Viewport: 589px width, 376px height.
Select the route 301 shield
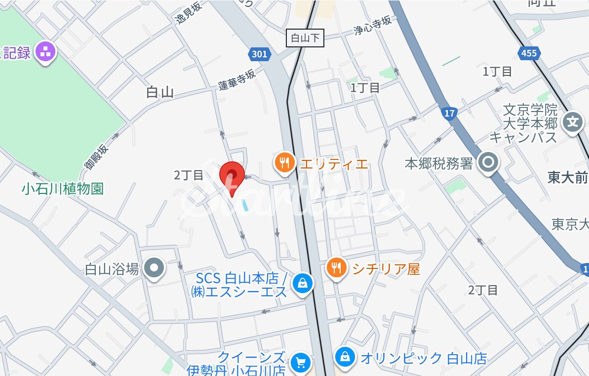point(259,54)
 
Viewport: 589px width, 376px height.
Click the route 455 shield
point(528,53)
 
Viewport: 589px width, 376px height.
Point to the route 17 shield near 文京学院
point(449,113)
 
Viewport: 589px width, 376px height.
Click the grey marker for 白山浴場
point(154,268)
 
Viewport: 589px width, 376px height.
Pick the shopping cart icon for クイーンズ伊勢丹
point(300,363)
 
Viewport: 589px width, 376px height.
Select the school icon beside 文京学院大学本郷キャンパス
point(573,120)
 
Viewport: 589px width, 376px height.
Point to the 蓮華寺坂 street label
point(237,79)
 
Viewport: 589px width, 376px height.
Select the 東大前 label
point(568,178)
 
